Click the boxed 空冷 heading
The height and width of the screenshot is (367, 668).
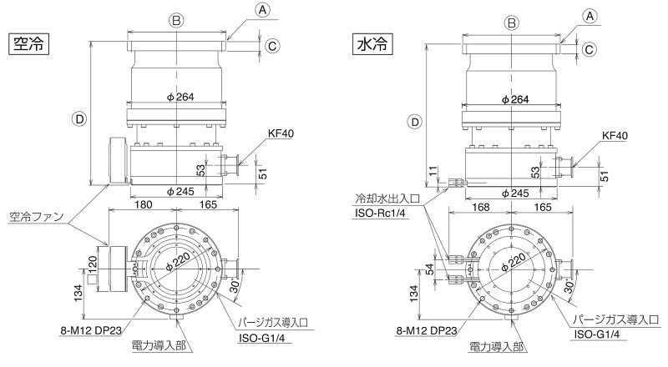28,43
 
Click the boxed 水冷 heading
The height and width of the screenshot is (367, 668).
372,44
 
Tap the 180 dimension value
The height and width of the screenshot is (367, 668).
143,205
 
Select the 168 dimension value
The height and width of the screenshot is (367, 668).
481,208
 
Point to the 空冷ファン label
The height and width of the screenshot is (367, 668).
36,216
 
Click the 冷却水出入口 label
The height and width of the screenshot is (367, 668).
387,198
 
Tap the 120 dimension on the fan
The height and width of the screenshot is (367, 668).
93,263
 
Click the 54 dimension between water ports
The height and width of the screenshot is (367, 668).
430,269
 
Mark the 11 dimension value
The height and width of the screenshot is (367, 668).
433,171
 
